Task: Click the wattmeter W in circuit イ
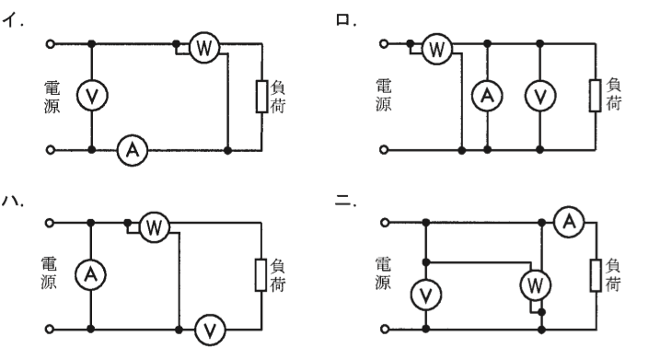coord(204,49)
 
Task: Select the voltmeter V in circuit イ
coord(92,96)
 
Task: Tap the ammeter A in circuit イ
coord(133,150)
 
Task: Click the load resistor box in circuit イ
coord(261,97)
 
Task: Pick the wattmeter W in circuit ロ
coord(437,49)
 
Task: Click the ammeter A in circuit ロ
coord(487,96)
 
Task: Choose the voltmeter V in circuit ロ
coord(539,96)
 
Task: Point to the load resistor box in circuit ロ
coord(596,96)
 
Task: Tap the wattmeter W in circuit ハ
coord(155,227)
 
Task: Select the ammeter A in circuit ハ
coord(90,274)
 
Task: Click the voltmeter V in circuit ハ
coord(210,330)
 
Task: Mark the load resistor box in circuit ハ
coord(261,275)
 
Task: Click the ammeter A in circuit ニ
coord(569,222)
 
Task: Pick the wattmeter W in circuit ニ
coord(535,285)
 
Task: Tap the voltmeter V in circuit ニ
coord(426,295)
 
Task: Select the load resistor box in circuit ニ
coord(596,275)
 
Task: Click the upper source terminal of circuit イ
coord(50,43)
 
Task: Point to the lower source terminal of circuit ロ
coord(384,150)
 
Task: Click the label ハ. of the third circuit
coord(13,201)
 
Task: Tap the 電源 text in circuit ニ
coord(383,273)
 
